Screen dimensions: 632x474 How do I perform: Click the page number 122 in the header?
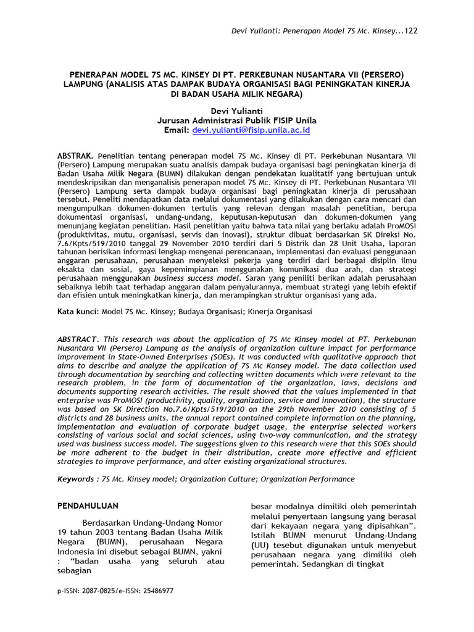click(410, 31)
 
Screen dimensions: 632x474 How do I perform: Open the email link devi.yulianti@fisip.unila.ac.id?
click(251, 131)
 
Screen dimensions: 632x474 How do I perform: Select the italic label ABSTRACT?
click(77, 339)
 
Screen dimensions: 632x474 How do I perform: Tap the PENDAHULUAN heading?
click(88, 506)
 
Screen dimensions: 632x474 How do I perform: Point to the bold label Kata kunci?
click(78, 312)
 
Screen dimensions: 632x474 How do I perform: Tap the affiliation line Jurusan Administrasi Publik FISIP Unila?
click(237, 120)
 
